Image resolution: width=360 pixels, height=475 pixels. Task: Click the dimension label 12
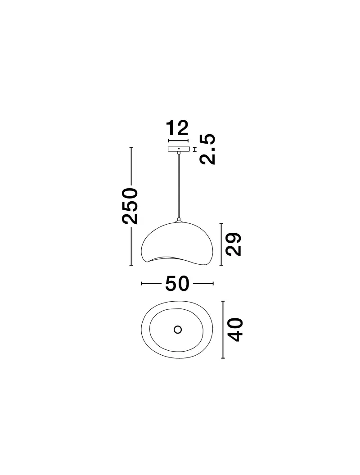coord(177,129)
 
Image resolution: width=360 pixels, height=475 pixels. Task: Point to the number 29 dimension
coord(233,244)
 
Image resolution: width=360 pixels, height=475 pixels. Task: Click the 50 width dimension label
coord(177,284)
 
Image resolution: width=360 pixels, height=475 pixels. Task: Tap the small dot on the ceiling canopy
coord(179,148)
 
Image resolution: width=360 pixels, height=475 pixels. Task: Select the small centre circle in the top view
coord(177,330)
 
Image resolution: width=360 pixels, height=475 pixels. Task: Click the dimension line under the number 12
coord(178,140)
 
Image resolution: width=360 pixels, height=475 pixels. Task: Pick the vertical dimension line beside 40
coord(223,330)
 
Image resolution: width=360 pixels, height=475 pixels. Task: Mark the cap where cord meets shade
coord(179,221)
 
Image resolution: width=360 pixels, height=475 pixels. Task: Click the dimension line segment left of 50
coord(152,284)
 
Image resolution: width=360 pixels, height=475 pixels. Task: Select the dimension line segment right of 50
coord(202,284)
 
